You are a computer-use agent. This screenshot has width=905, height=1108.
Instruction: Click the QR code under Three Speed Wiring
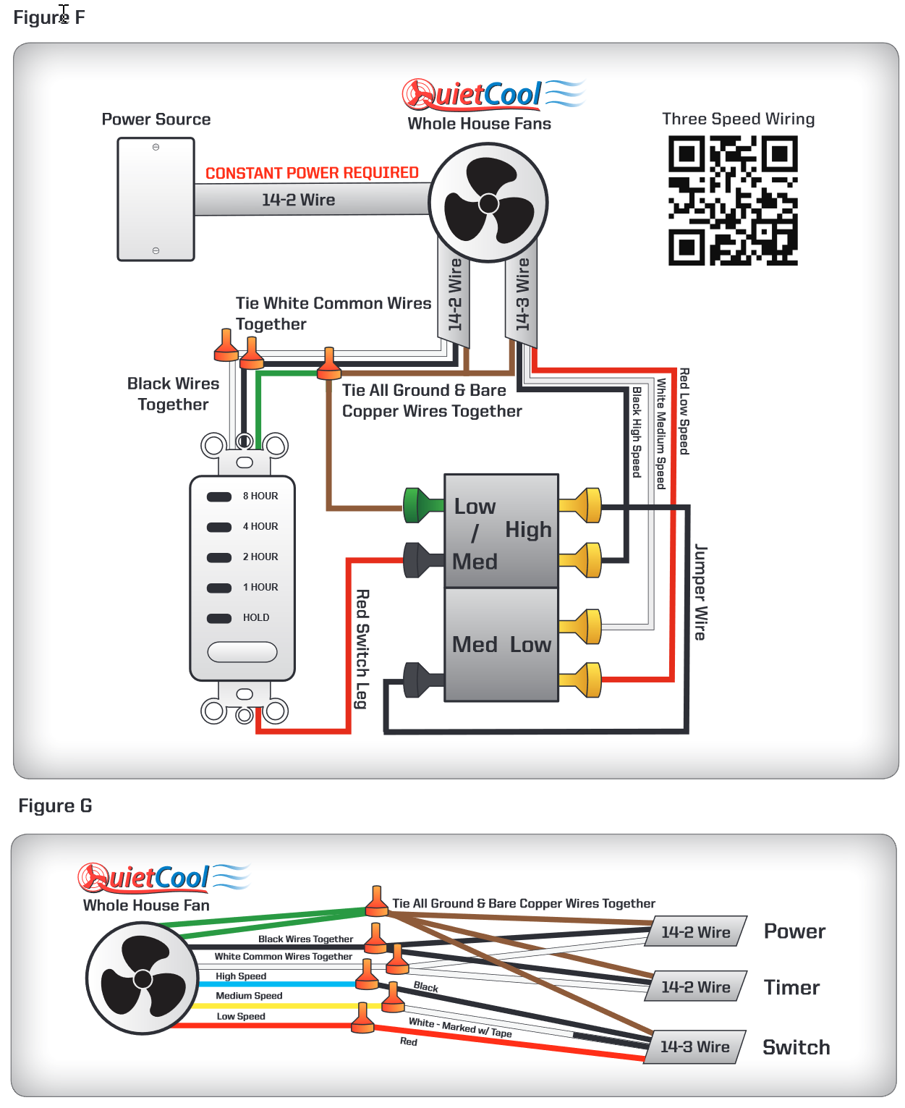pos(732,200)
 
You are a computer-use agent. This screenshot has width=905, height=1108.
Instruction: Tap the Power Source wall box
pos(156,199)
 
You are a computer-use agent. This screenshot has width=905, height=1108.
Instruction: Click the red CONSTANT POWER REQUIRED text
pos(312,173)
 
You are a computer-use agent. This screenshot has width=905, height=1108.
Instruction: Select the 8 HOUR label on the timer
pos(260,496)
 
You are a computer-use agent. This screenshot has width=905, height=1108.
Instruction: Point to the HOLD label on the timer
pos(256,618)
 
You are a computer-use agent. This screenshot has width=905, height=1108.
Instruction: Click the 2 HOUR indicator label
pos(260,557)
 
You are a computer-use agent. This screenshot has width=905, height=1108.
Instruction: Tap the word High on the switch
pos(528,530)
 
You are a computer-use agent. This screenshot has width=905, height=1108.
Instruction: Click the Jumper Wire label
pos(700,592)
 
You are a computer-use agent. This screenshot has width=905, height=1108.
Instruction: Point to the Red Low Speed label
pos(684,411)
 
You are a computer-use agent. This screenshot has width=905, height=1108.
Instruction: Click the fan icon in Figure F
pos(488,203)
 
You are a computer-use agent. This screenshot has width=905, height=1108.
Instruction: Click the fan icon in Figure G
pos(143,978)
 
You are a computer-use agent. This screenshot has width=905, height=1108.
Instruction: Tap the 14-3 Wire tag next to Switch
pos(694,1047)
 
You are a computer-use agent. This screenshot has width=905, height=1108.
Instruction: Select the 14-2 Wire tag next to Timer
pos(695,987)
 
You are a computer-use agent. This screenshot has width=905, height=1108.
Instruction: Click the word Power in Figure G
pos(794,931)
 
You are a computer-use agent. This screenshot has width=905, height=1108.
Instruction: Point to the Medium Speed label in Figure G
pos(249,996)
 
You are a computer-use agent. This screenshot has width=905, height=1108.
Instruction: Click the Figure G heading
pos(55,806)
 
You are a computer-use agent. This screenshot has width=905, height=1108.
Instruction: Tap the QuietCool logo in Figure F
pos(492,94)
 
